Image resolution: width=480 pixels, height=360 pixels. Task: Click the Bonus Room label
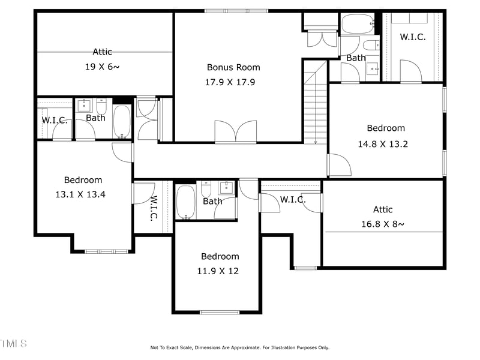click(233, 67)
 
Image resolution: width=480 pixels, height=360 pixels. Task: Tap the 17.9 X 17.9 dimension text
click(230, 82)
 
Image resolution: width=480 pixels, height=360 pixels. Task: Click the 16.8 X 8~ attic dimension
click(383, 224)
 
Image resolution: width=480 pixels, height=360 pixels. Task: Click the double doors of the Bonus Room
click(236, 132)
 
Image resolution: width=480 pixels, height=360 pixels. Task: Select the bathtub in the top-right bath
click(358, 25)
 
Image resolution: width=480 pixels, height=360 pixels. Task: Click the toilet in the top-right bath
click(371, 45)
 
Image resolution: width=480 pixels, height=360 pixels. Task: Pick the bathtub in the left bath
click(122, 121)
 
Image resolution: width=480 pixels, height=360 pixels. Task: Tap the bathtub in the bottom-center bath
click(185, 202)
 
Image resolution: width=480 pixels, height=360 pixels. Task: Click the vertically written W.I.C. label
click(154, 208)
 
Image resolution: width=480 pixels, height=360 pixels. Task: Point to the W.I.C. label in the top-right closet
click(413, 37)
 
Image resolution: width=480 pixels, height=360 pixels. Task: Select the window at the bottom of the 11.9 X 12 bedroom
click(219, 312)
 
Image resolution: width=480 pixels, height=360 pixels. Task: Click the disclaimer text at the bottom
click(239, 347)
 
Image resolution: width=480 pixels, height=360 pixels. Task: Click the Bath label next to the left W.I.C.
click(95, 118)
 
